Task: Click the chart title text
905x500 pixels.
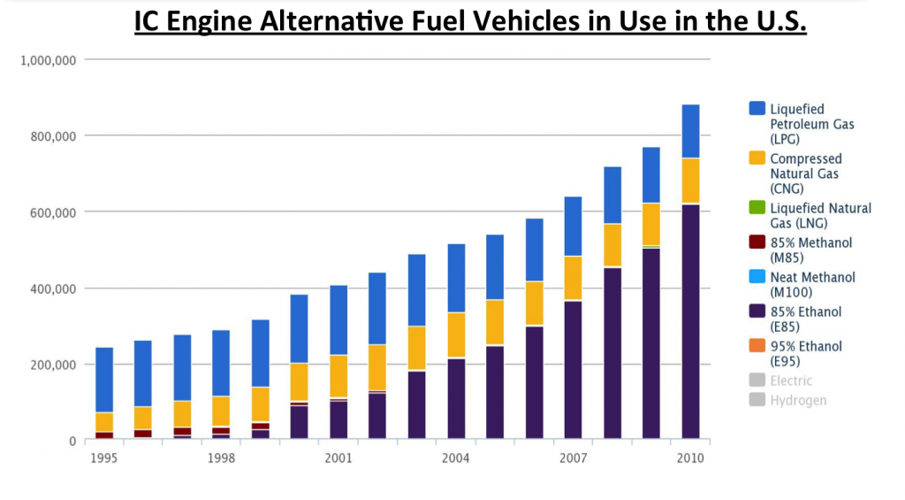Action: (x=470, y=21)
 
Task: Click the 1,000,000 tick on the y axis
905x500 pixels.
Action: (x=49, y=60)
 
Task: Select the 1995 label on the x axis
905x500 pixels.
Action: (x=104, y=458)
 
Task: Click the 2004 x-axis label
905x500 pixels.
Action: (x=455, y=458)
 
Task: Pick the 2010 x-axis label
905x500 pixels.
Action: (x=690, y=458)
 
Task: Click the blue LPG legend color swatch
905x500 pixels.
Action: (x=757, y=108)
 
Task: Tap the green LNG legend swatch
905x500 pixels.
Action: (x=757, y=208)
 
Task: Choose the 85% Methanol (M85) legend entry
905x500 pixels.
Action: (x=810, y=250)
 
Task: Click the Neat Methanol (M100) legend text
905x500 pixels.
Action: (x=812, y=284)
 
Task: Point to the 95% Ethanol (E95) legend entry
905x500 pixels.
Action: (x=805, y=353)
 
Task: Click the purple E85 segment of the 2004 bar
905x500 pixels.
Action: (x=456, y=398)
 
